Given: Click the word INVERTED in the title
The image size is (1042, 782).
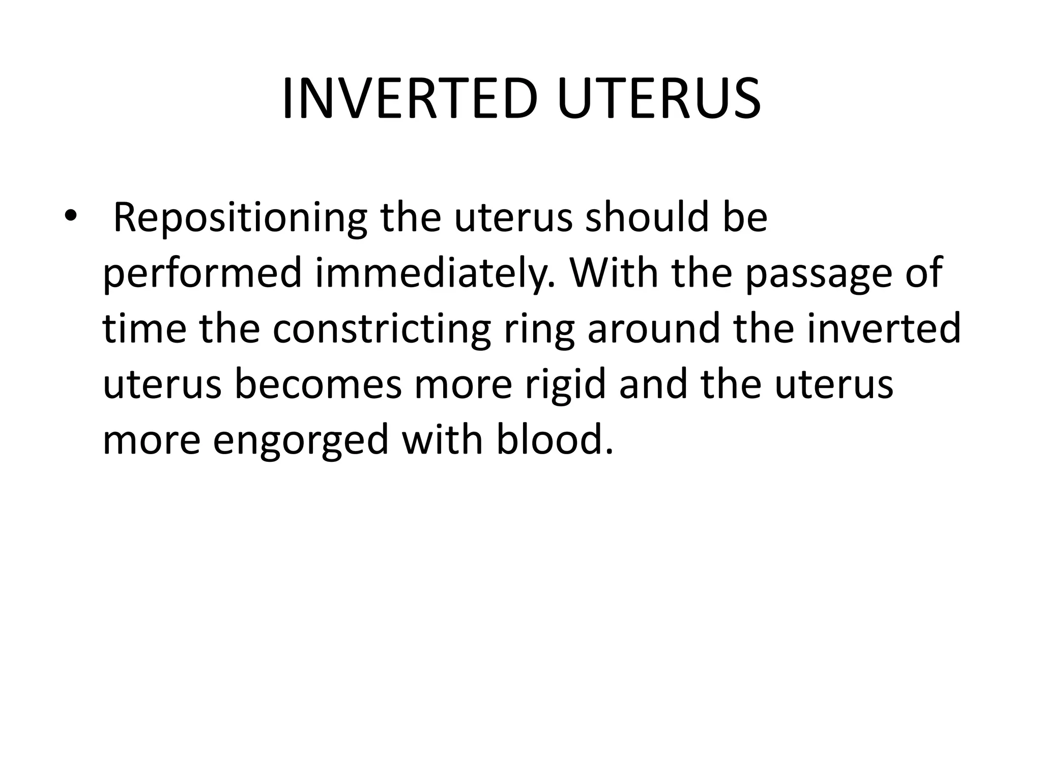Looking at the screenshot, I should [410, 100].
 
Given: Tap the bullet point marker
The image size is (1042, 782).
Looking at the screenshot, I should [70, 217].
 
